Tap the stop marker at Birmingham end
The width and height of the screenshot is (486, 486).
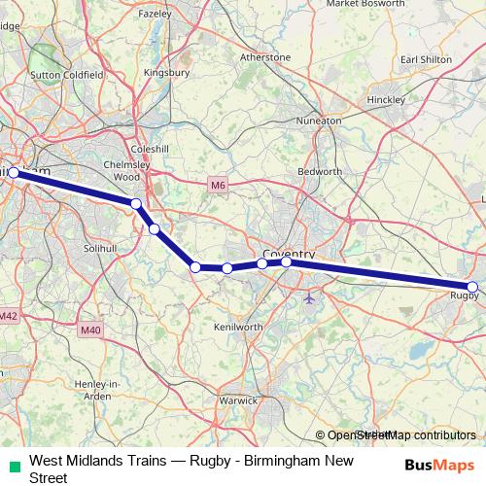pos(14,173)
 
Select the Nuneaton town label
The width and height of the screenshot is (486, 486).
pos(320,121)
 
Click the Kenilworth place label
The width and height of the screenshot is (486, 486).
pos(238,328)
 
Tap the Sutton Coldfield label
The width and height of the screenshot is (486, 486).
pos(59,74)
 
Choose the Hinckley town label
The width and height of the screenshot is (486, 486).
pos(386,100)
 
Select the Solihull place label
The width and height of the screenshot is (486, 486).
pos(98,249)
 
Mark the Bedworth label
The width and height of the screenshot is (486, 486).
pos(320,171)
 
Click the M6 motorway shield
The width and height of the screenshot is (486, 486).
pos(217,183)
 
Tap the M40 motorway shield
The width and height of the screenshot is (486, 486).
pos(90,330)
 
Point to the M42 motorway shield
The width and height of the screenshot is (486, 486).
pos(9,316)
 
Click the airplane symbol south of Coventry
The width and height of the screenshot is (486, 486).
pos(309,297)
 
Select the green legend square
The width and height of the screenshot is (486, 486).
pos(13,465)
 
